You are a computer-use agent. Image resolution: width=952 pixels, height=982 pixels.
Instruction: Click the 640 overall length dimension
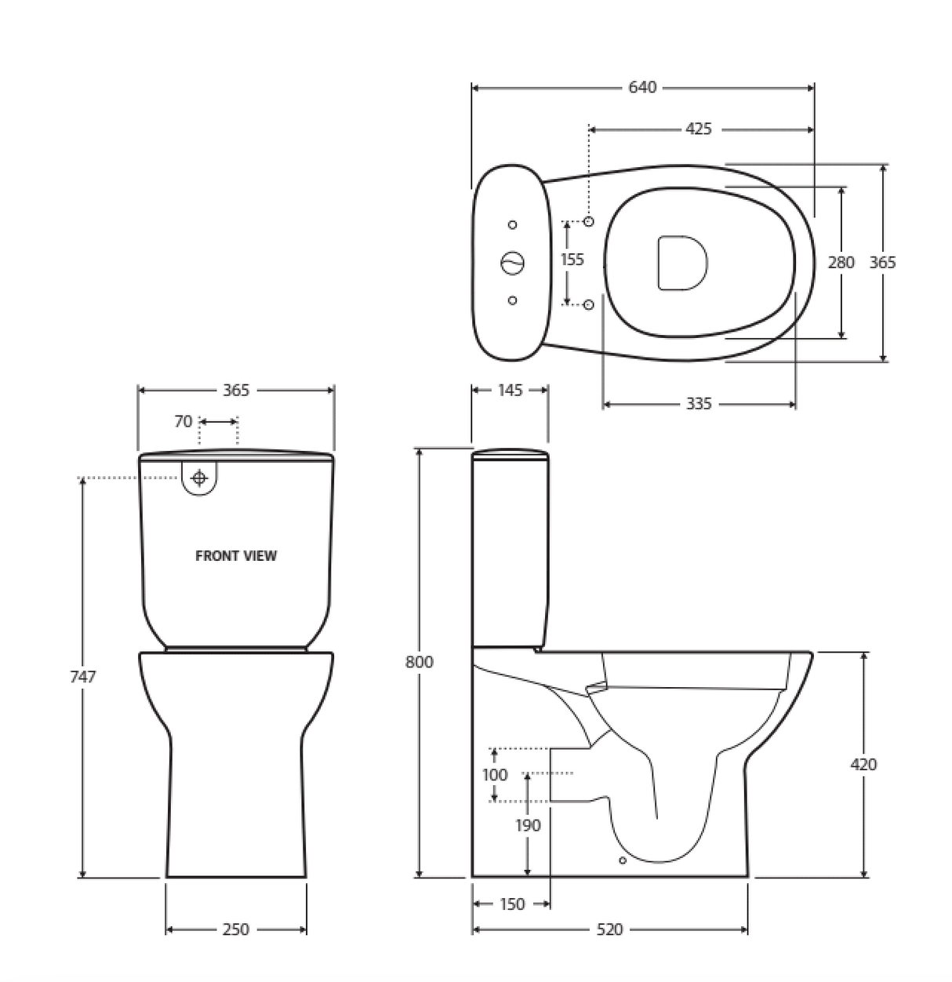coord(641,88)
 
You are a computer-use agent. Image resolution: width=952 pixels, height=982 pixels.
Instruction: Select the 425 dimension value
coord(698,129)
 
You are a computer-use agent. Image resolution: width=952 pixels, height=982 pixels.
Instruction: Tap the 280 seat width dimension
coord(841,262)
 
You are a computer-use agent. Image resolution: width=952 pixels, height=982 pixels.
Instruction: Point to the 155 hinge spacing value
coord(572,260)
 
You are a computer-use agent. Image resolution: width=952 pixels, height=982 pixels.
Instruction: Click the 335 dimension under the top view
coord(698,404)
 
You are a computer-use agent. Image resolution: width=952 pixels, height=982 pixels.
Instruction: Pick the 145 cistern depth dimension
coord(510,390)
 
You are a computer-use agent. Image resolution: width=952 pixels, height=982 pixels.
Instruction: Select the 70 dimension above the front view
coord(183,421)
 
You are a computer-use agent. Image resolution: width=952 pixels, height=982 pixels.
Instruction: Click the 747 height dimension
coord(83,676)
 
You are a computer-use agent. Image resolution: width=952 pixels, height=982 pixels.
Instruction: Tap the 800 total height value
coord(419,662)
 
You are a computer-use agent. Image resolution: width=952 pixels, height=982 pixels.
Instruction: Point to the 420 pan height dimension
coord(863,764)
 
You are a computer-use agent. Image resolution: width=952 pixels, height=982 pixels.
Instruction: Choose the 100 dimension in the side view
coord(494,775)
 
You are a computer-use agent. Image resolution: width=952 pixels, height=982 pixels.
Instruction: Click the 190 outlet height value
coord(528,825)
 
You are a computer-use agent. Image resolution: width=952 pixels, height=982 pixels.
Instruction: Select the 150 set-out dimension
coord(511,904)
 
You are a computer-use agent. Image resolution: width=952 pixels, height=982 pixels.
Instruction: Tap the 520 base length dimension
coord(609,929)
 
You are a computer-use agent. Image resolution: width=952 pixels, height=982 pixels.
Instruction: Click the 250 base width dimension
coord(235,929)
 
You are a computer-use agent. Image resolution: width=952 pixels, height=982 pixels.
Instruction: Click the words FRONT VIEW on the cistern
coord(235,556)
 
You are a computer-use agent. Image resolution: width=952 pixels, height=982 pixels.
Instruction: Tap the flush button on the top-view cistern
coord(513,263)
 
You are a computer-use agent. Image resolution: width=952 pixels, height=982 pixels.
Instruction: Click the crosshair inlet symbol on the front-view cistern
coord(199,478)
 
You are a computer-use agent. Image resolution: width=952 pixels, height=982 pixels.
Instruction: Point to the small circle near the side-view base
coord(623,860)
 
